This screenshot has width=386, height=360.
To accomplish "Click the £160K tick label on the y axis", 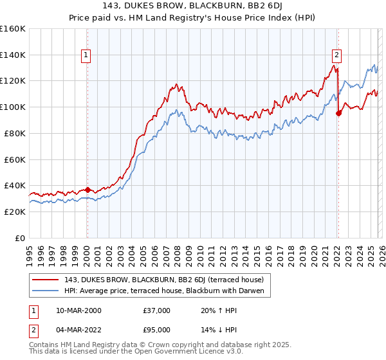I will [13, 29].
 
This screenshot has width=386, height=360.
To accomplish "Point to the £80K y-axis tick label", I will [15, 133].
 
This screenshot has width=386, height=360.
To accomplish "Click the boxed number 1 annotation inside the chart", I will [87, 55].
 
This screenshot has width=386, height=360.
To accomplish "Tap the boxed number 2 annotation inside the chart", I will [336, 55].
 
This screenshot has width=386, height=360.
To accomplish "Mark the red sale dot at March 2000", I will [87, 190].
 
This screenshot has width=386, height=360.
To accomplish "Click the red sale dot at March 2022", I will [338, 114].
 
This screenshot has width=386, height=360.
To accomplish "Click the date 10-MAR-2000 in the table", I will [84, 310].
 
